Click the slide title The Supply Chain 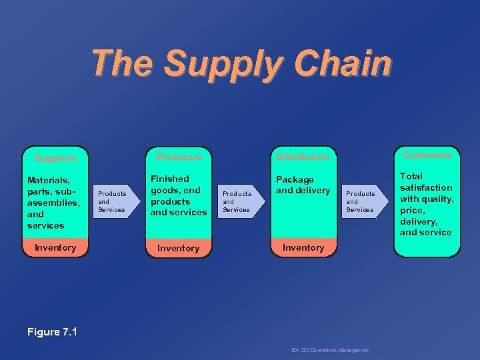coord(241,64)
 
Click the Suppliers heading coord(55,159)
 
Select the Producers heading coord(178,157)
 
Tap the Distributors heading coord(303,157)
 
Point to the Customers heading coord(427,155)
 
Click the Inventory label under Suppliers coord(55,247)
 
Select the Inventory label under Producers coord(178,248)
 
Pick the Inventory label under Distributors coord(303,247)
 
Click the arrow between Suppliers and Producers coord(115,202)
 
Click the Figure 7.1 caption coord(53,331)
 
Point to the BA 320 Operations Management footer coord(330,350)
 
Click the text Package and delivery coord(303,185)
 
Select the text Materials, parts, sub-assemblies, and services coord(53,203)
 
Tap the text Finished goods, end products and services coord(178,195)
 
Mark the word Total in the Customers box coord(411,177)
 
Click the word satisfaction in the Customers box coord(425,188)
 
